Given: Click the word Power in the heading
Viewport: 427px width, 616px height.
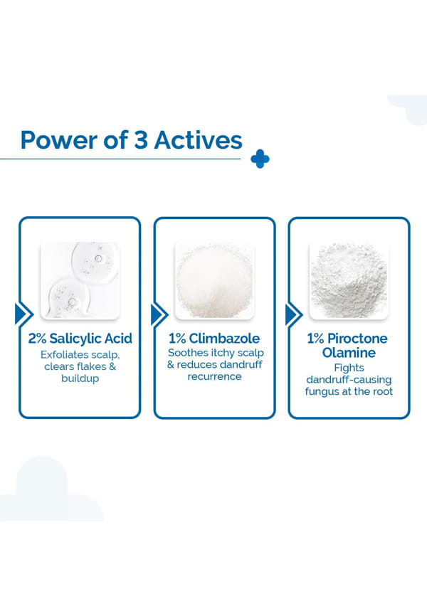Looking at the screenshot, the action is (59, 140).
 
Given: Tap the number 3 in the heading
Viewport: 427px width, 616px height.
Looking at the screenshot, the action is (141, 140).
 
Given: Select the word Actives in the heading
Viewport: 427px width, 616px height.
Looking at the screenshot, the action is (198, 140).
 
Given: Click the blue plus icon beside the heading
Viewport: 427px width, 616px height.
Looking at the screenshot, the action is (260, 159).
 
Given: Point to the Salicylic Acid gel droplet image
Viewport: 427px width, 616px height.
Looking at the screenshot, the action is (80, 280).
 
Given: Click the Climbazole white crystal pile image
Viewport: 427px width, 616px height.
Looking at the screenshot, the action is (215, 280).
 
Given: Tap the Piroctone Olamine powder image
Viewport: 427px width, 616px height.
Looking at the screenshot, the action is (349, 280).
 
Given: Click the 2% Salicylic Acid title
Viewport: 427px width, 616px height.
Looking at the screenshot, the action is (80, 339).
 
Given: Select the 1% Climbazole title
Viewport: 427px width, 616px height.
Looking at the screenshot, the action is (214, 339).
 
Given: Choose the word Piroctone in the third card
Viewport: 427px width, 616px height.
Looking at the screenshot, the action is (357, 339).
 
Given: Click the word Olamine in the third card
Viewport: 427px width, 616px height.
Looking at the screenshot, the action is (349, 352).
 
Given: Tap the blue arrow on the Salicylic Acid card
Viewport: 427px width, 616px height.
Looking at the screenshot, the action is (23, 314).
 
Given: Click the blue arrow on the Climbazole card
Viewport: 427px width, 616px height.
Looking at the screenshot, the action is (159, 314).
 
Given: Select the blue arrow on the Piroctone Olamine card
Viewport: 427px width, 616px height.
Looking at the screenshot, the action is (294, 314).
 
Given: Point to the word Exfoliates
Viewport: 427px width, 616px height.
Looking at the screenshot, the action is (63, 355).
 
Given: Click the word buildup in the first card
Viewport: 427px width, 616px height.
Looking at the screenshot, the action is (80, 378).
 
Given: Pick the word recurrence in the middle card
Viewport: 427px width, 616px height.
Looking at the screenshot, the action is (215, 376).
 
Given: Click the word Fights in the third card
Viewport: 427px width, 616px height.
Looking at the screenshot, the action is (349, 368).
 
